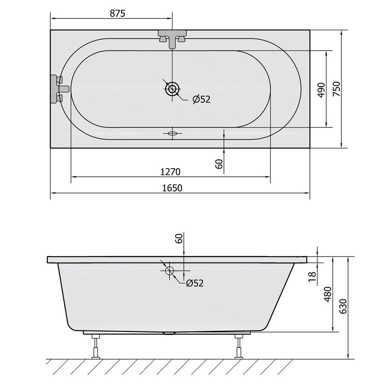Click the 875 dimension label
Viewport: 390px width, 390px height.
click(x=117, y=13)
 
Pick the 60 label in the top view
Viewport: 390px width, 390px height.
click(x=219, y=163)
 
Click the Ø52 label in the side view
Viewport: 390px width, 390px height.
click(x=195, y=283)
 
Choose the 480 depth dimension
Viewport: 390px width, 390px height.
click(x=328, y=295)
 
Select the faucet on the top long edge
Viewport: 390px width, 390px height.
click(x=173, y=38)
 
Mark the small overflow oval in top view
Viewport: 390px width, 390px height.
click(x=172, y=133)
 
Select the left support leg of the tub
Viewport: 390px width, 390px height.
click(x=95, y=346)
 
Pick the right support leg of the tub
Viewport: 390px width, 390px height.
click(x=238, y=346)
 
